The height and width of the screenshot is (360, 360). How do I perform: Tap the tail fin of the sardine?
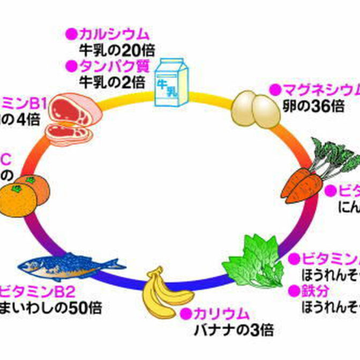116,262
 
